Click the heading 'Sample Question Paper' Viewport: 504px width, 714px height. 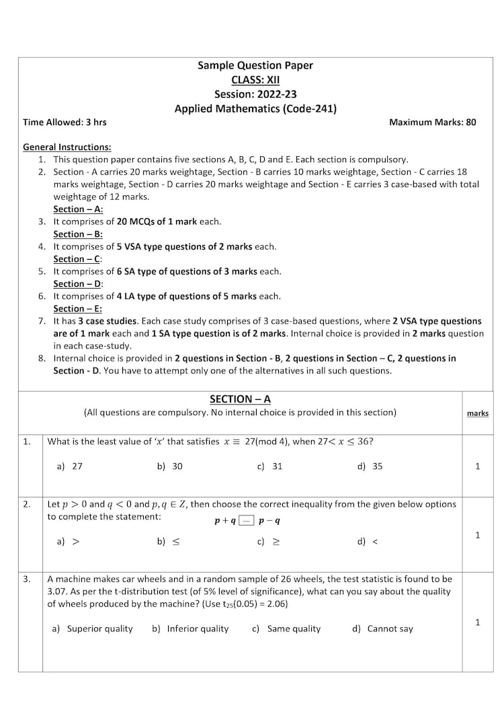[255, 65]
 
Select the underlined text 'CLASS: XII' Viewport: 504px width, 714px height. [255, 80]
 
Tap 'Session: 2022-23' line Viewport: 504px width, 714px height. [255, 94]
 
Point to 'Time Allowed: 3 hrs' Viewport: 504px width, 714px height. [65, 122]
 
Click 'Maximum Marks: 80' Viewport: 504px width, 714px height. [432, 122]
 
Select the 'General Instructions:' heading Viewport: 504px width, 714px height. [67, 147]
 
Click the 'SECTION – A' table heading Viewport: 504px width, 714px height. [240, 399]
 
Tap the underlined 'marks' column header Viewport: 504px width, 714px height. [477, 413]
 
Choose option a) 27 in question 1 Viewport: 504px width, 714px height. [70, 466]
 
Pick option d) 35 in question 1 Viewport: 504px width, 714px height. [370, 466]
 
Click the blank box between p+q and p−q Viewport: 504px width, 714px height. [247, 520]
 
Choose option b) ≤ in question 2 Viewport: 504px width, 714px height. [169, 541]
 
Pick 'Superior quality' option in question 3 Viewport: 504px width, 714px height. [93, 629]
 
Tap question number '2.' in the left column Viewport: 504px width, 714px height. [27, 504]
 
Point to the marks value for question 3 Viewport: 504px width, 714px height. [477, 622]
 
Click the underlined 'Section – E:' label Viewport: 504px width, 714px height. [78, 308]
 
